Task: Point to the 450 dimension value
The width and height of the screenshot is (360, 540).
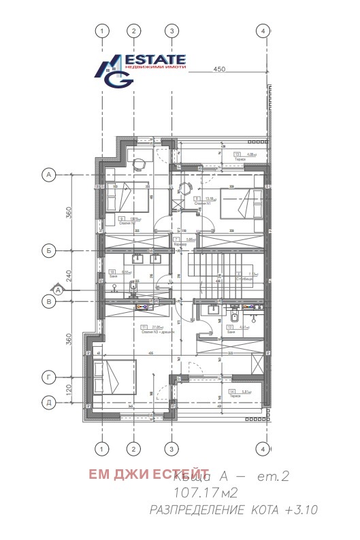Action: point(219,69)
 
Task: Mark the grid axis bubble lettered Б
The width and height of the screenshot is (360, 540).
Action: point(48,249)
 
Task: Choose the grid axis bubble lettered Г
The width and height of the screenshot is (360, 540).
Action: point(48,375)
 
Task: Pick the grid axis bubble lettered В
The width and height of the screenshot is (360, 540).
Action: point(48,300)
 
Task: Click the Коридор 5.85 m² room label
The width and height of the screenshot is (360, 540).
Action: point(190,241)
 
